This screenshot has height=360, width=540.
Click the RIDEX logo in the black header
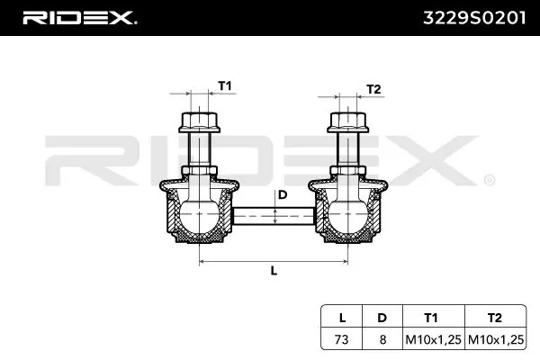[80, 18]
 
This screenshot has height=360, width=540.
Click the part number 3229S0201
[474, 18]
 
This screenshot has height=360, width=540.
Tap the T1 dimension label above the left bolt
[225, 85]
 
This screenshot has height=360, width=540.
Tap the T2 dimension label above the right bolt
[373, 89]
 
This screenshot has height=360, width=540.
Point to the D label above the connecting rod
[283, 195]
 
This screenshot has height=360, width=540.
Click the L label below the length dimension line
[274, 271]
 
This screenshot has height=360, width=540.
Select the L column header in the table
[342, 318]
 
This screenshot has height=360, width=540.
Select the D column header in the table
[382, 318]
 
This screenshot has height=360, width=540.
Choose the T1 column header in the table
[431, 318]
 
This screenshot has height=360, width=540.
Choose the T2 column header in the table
[495, 318]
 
